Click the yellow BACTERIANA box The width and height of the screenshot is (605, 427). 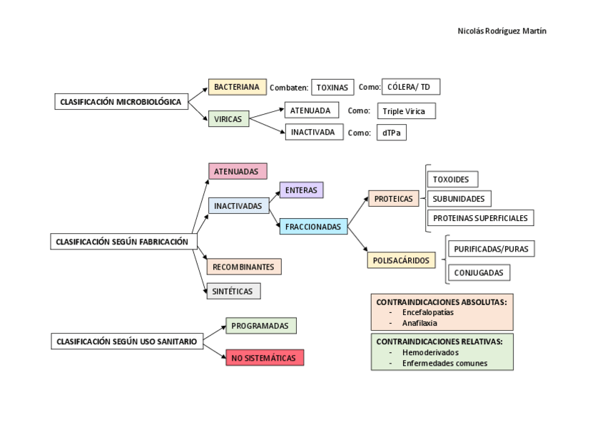[237, 87]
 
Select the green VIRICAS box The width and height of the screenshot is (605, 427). [228, 119]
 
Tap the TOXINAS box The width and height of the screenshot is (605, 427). [332, 88]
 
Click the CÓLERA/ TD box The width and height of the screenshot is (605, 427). [411, 87]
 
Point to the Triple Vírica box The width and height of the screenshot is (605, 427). [406, 111]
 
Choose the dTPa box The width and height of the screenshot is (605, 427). [391, 133]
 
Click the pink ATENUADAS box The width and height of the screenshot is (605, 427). [238, 171]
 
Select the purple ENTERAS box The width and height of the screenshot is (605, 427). [301, 190]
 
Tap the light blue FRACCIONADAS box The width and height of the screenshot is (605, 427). [312, 227]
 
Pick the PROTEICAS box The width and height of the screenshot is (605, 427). [393, 199]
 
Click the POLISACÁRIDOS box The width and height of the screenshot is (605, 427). [402, 260]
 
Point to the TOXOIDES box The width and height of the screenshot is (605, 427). [451, 179]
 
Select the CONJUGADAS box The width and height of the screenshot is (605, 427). [479, 272]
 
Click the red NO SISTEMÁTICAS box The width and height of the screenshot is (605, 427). [265, 358]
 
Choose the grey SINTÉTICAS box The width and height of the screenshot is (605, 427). [234, 291]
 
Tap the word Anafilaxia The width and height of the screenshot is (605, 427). [420, 322]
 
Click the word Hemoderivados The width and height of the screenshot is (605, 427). [430, 352]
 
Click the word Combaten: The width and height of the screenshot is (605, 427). [289, 88]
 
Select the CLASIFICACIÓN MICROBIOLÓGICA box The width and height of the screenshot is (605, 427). [120, 102]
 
